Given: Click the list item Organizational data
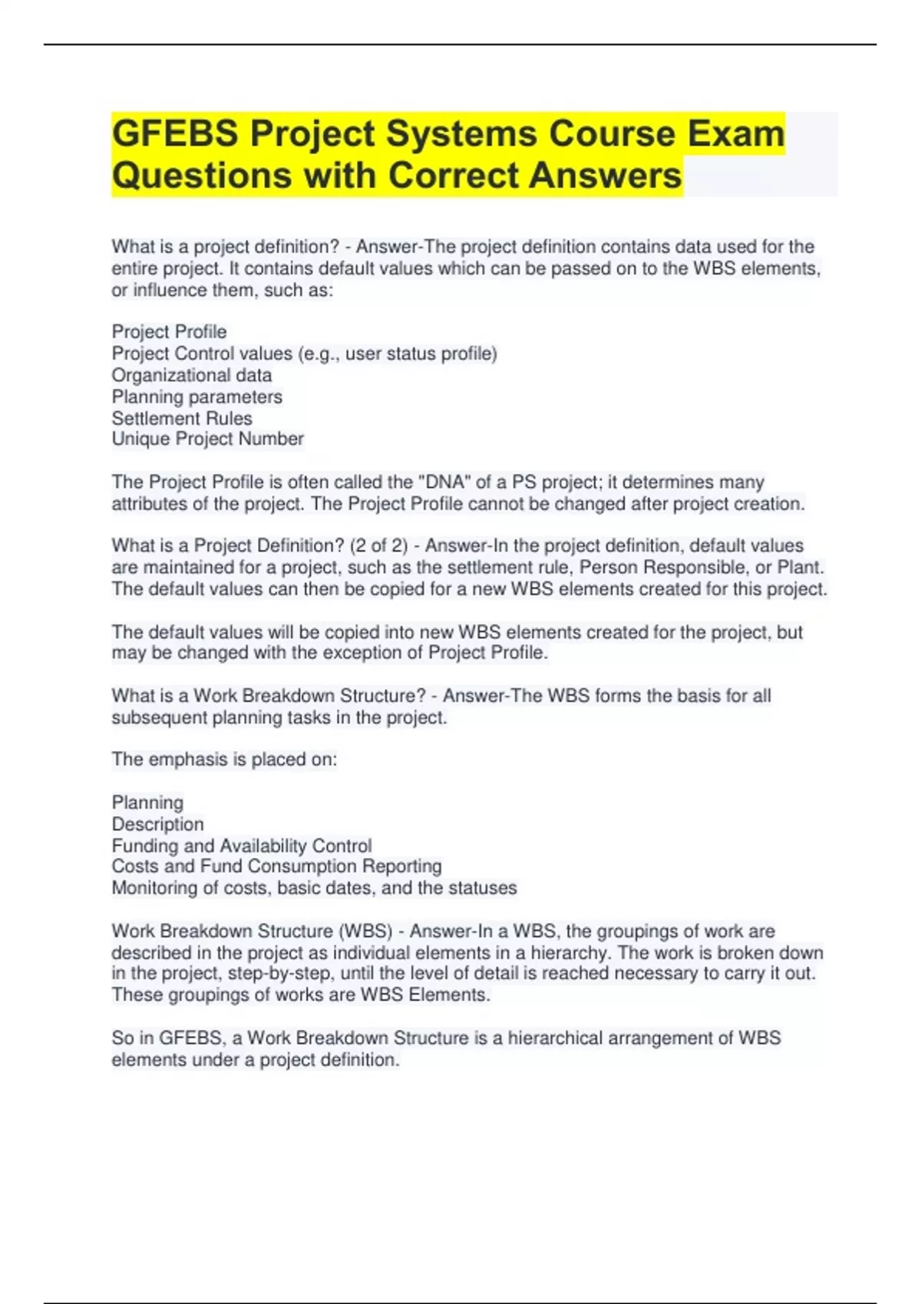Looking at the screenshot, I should coord(192,375).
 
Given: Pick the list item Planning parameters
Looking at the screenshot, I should coord(197,397).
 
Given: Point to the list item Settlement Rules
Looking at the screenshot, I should coord(182,418).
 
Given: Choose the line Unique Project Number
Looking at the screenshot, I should coord(208,439).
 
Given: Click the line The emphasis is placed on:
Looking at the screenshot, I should coord(224,759).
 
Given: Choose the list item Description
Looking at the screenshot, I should coord(158,824).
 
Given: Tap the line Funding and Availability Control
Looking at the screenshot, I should coord(242,845).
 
